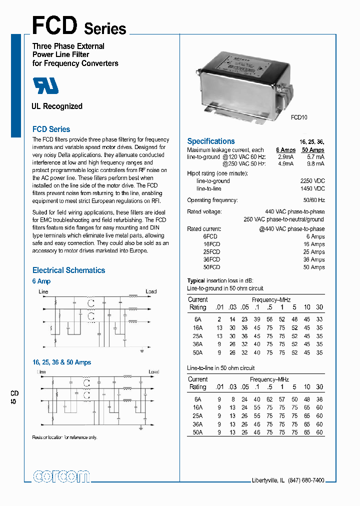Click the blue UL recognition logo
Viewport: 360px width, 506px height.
(46, 86)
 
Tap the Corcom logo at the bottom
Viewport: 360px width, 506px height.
(61, 476)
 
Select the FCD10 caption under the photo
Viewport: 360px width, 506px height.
(299, 117)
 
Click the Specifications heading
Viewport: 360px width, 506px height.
(210, 141)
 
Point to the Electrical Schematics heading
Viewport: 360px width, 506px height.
(68, 270)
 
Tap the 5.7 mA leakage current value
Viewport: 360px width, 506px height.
(316, 157)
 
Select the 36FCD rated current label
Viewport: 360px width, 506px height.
(211, 260)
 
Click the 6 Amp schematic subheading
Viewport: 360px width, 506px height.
(41, 281)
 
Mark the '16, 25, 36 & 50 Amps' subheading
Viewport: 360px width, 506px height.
(61, 362)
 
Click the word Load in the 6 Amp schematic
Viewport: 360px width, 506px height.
(151, 291)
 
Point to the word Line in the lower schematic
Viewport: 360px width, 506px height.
(42, 372)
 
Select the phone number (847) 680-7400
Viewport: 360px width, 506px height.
(306, 480)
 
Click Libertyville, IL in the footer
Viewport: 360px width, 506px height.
(267, 480)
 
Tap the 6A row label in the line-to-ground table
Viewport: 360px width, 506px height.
(198, 319)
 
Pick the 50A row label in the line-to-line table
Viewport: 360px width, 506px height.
(198, 432)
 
